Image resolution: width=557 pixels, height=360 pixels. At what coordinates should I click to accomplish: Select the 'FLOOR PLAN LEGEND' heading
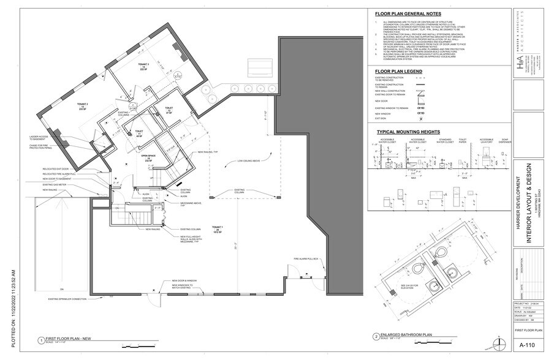398,71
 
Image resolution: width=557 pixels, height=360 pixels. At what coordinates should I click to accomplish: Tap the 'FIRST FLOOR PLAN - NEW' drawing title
69,339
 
